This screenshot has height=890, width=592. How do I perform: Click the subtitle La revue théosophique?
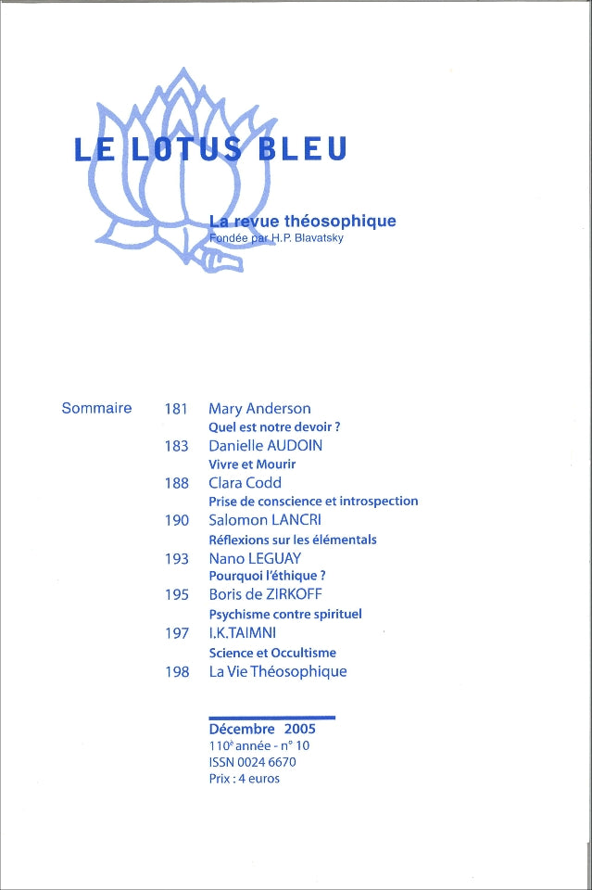[302, 221]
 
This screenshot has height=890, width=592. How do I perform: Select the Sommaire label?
[96, 408]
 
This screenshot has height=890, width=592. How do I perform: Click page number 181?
[176, 409]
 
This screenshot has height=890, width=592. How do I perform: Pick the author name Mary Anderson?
[259, 409]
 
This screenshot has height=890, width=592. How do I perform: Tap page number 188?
[176, 483]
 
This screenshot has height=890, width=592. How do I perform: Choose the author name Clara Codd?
[245, 483]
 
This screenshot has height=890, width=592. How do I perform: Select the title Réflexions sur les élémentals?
[292, 539]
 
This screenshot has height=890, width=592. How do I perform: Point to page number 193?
[176, 558]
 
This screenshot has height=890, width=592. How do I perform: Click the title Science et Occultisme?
[272, 652]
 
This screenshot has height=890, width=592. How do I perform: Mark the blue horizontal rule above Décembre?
[271, 718]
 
